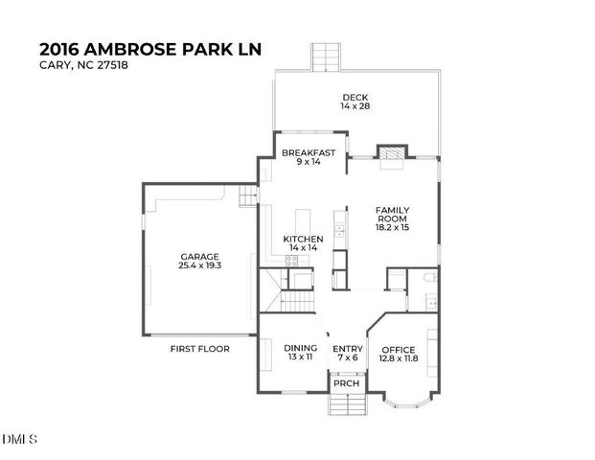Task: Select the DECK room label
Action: point(355,97)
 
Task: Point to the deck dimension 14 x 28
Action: point(355,106)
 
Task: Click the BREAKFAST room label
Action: point(308,152)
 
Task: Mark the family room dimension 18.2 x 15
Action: point(392,228)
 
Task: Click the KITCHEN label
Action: point(303,238)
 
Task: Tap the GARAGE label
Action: point(200,256)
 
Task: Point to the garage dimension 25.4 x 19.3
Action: point(200,265)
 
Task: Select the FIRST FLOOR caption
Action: point(200,349)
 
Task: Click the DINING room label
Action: point(300,348)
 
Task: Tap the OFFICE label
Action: point(399,349)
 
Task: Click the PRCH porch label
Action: point(344,384)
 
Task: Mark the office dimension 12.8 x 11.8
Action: point(399,358)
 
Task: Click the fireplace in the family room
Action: point(390,155)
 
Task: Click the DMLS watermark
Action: point(20,440)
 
